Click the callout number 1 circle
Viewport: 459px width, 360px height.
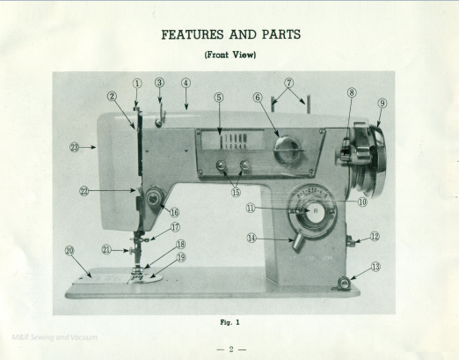tap(137, 84)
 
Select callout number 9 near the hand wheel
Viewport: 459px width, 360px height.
tap(382, 102)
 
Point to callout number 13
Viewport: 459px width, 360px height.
tap(375, 266)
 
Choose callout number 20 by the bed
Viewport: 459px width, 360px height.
tap(69, 250)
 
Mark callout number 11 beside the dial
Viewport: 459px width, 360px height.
tap(251, 209)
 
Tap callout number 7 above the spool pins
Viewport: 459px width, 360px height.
tap(288, 84)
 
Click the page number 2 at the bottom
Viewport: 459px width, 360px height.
tap(229, 349)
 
